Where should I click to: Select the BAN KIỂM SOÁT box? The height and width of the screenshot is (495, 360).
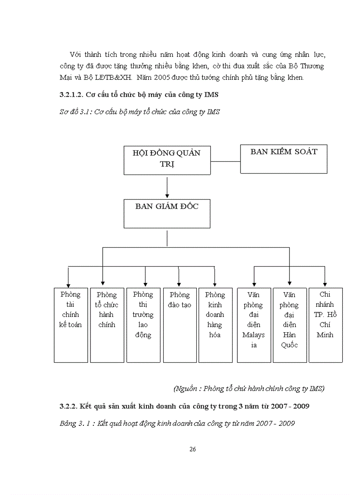coord(284,159)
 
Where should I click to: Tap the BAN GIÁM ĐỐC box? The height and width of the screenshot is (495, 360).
coord(167,213)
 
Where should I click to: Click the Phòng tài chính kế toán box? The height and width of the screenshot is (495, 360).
coord(71,325)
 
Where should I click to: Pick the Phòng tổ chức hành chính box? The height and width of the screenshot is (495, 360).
coord(107,325)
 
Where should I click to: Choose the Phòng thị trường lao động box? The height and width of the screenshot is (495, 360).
coord(143,325)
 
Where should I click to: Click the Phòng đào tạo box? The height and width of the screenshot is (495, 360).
coord(180,325)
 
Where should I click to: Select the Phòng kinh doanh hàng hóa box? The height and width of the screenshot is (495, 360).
coord(215,325)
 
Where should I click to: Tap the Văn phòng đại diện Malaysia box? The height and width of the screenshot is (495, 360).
coord(254,325)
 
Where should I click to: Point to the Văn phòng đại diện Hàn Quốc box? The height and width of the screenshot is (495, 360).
coord(289,325)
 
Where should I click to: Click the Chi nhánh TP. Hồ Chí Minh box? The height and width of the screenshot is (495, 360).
coord(325,325)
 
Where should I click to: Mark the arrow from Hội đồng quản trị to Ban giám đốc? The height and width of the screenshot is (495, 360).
coord(167,187)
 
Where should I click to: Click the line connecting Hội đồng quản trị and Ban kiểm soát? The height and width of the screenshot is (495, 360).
coord(225,161)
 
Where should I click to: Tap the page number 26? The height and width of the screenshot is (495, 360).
coord(192,449)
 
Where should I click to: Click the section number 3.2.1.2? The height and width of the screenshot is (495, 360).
coord(71,95)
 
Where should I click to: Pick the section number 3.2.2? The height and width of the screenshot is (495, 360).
coord(68,406)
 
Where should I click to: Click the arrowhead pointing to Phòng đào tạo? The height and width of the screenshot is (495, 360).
coord(179,283)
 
